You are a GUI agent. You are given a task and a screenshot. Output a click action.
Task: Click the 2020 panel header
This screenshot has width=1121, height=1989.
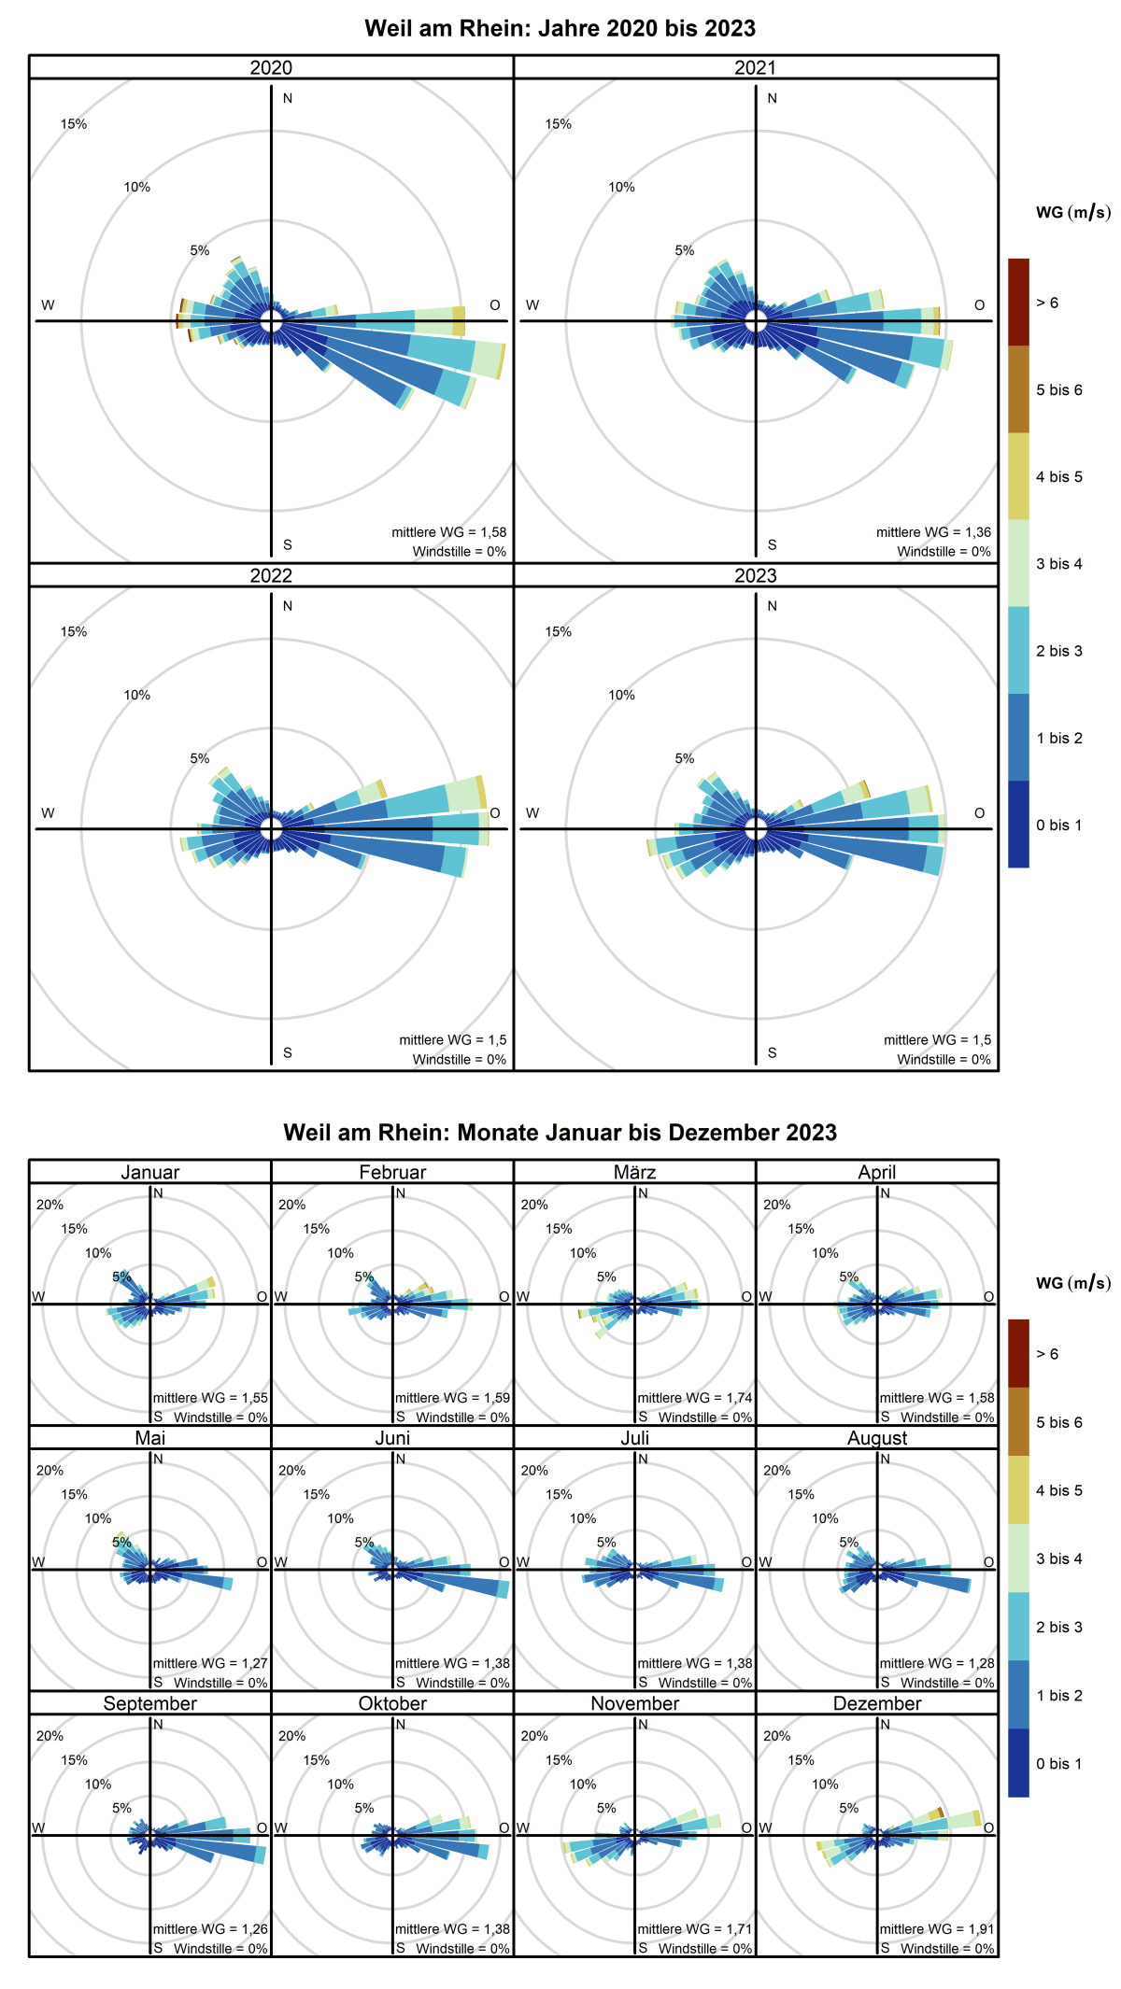[271, 67]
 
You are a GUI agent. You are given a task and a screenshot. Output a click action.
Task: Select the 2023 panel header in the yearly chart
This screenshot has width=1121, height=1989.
[755, 575]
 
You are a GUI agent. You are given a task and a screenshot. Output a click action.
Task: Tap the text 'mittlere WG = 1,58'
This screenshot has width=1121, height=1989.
[448, 532]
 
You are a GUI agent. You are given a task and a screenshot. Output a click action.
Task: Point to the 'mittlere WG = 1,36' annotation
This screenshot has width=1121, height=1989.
[933, 532]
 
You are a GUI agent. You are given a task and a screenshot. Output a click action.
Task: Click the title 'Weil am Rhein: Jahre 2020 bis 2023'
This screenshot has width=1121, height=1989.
[560, 28]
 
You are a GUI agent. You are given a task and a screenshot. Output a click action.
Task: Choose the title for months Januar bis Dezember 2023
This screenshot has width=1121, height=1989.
[560, 1133]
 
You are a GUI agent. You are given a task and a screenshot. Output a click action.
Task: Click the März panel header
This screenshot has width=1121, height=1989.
[634, 1172]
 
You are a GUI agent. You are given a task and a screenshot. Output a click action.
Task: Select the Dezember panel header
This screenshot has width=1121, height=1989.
[876, 1703]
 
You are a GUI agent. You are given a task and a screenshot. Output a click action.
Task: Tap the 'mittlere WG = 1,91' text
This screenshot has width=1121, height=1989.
[936, 1929]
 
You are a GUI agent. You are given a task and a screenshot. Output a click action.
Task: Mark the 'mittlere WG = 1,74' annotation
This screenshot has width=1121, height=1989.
[694, 1398]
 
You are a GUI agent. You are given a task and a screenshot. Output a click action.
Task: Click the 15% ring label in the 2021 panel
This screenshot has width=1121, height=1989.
[558, 124]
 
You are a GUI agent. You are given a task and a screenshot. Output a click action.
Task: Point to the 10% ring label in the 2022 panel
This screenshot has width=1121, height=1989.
[136, 695]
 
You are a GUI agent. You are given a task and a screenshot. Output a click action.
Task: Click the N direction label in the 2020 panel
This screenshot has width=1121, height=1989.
[288, 98]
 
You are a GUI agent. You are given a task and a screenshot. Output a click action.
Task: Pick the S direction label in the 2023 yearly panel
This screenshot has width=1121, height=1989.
[772, 1052]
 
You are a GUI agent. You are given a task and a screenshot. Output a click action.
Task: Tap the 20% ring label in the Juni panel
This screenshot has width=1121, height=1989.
[291, 1470]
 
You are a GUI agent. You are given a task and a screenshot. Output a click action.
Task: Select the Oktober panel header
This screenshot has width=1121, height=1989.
[392, 1703]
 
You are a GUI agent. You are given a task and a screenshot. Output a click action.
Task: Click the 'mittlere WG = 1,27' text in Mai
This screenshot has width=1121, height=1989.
[210, 1663]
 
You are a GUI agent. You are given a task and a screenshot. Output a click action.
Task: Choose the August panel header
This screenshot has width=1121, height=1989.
[876, 1438]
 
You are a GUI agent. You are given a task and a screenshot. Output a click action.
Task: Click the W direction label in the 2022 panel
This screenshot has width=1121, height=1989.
[48, 812]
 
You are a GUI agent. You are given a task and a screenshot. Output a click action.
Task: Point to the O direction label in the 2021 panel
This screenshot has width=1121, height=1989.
[979, 304]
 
